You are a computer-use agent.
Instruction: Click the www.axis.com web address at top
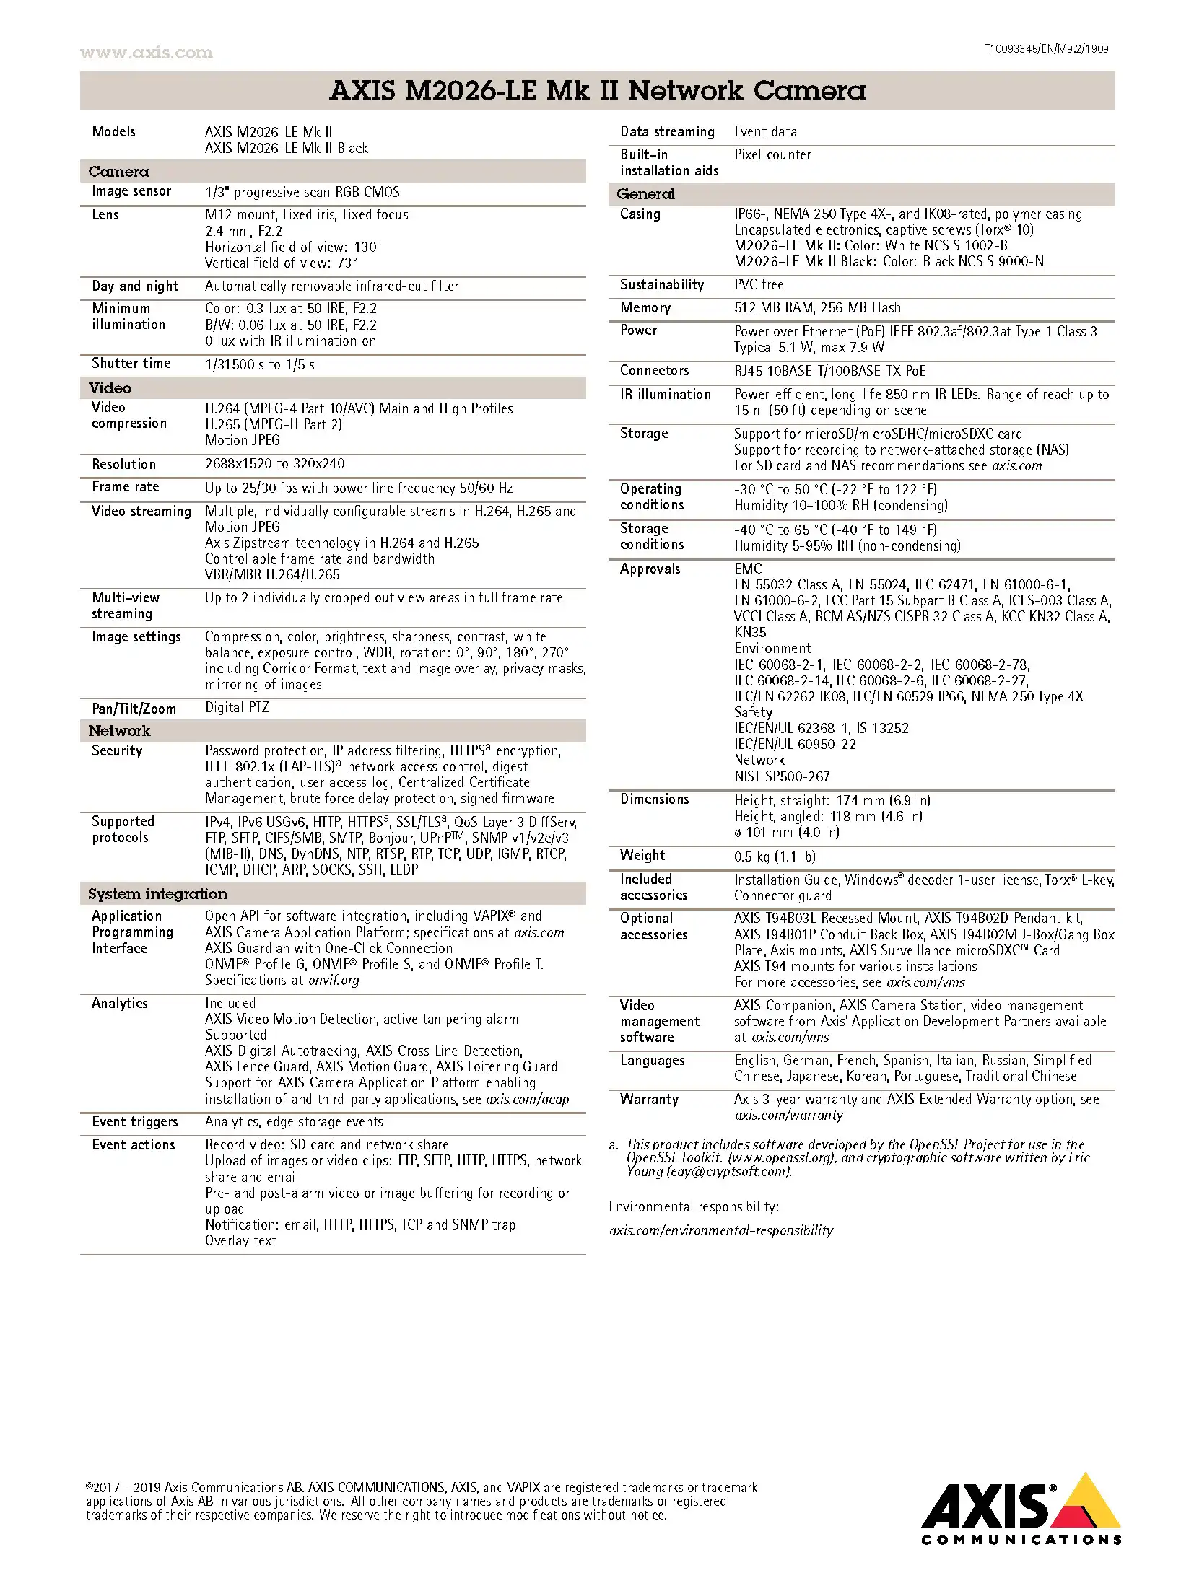point(146,53)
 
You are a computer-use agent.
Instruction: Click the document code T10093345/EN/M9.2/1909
point(1046,49)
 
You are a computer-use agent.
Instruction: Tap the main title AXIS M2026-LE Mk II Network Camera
point(597,91)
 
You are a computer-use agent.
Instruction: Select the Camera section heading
point(118,172)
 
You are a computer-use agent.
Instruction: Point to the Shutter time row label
point(131,364)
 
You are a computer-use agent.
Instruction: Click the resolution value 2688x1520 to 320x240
point(275,464)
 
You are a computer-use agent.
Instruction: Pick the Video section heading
point(110,388)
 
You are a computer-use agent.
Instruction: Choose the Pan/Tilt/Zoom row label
point(134,709)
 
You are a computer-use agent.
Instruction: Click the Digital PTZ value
point(237,708)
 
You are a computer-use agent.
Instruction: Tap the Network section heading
point(119,731)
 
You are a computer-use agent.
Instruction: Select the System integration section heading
point(157,894)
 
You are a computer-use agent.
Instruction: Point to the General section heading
point(645,194)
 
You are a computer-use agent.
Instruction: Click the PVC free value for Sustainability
point(759,285)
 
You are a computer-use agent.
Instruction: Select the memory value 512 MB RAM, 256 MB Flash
point(817,308)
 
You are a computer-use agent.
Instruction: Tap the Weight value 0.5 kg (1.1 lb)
point(775,856)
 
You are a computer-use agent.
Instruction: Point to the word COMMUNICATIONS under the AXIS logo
point(1021,1540)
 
